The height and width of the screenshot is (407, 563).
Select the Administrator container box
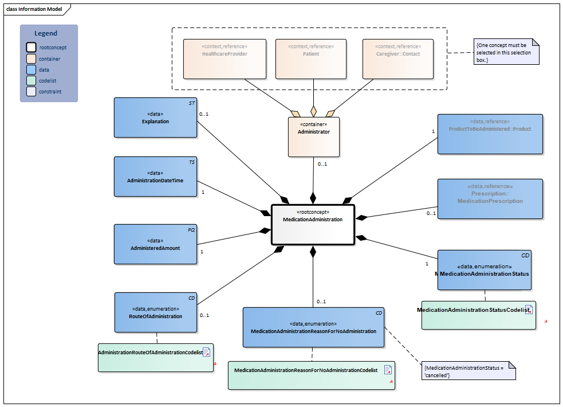pos(313,137)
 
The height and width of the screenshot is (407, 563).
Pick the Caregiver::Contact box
pos(397,58)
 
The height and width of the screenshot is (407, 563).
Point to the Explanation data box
pos(155,118)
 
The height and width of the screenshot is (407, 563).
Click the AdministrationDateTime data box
pos(155,177)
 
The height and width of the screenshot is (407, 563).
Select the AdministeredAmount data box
pos(155,244)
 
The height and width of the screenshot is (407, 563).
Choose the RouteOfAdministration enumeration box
pos(155,312)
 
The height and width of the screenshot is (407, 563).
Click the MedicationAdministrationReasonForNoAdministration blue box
pos(313,327)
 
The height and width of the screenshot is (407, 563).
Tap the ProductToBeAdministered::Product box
pos(490,134)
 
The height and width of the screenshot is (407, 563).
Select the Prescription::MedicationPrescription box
pos(490,198)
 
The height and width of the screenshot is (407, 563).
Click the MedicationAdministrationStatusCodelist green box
pos(478,315)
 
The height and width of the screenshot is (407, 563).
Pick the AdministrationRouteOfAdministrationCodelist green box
pos(155,358)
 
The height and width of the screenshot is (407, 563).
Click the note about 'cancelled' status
pos(468,371)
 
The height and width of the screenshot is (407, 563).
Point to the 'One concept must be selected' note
pos(506,52)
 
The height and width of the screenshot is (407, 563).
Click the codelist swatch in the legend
pos(31,81)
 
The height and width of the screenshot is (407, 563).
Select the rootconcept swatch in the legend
pos(31,48)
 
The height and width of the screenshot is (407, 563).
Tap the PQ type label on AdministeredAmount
pos(191,230)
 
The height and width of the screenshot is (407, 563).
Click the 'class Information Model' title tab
pos(34,9)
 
